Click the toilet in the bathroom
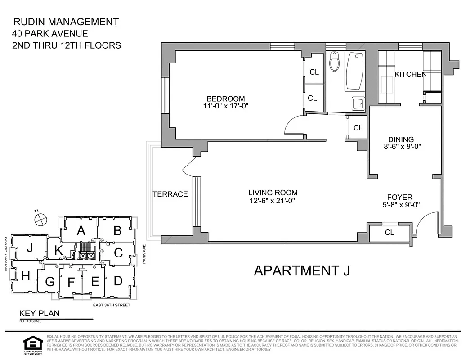point(334,62)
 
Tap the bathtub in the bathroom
point(355,71)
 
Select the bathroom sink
point(358,104)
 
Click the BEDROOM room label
point(226,99)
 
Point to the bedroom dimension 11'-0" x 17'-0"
point(226,106)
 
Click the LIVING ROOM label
point(273,193)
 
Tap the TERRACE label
point(170,194)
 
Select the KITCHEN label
point(410,74)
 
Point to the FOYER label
point(400,197)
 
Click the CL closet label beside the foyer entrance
point(390,232)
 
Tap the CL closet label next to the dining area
point(358,128)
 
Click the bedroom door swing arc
point(292,124)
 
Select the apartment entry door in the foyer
point(427,223)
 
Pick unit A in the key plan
point(81,231)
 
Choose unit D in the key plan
point(118,281)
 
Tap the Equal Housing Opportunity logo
point(32,345)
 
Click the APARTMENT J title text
point(302,270)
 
